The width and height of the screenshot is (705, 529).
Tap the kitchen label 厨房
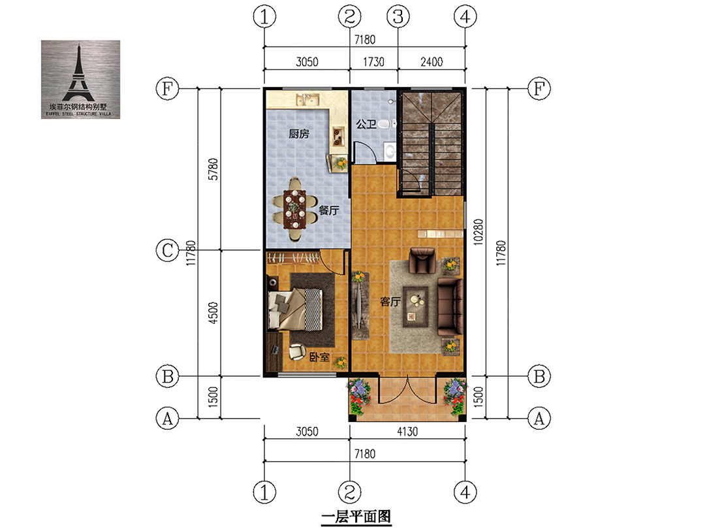click(299, 134)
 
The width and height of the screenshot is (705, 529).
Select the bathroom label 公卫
click(366, 124)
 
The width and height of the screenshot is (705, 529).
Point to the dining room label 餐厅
click(328, 210)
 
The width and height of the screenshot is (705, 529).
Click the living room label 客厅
click(390, 301)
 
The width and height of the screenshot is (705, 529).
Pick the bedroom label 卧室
click(319, 357)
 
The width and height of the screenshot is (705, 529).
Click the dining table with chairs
click(294, 209)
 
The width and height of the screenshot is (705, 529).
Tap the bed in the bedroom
click(295, 310)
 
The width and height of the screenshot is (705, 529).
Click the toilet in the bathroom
click(386, 123)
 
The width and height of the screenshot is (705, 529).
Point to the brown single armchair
click(422, 261)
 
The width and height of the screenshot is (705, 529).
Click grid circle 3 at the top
click(398, 16)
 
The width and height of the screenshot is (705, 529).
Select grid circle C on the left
click(167, 250)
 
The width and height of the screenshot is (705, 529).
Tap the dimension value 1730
click(373, 61)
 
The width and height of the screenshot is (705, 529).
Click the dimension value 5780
click(213, 169)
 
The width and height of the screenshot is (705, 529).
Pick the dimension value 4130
click(407, 432)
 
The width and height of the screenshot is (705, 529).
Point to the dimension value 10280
click(478, 232)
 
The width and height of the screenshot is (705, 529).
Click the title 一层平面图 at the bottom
click(356, 517)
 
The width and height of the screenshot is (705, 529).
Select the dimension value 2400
click(431, 61)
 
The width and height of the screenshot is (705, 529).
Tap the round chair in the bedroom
click(297, 352)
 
